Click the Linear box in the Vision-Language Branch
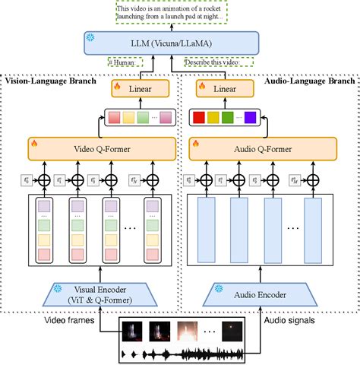(x=139, y=89)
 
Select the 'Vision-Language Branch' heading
(x=50, y=79)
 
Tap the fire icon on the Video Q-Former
(x=35, y=142)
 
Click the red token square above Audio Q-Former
(x=198, y=118)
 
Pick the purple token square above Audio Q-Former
(x=250, y=118)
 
